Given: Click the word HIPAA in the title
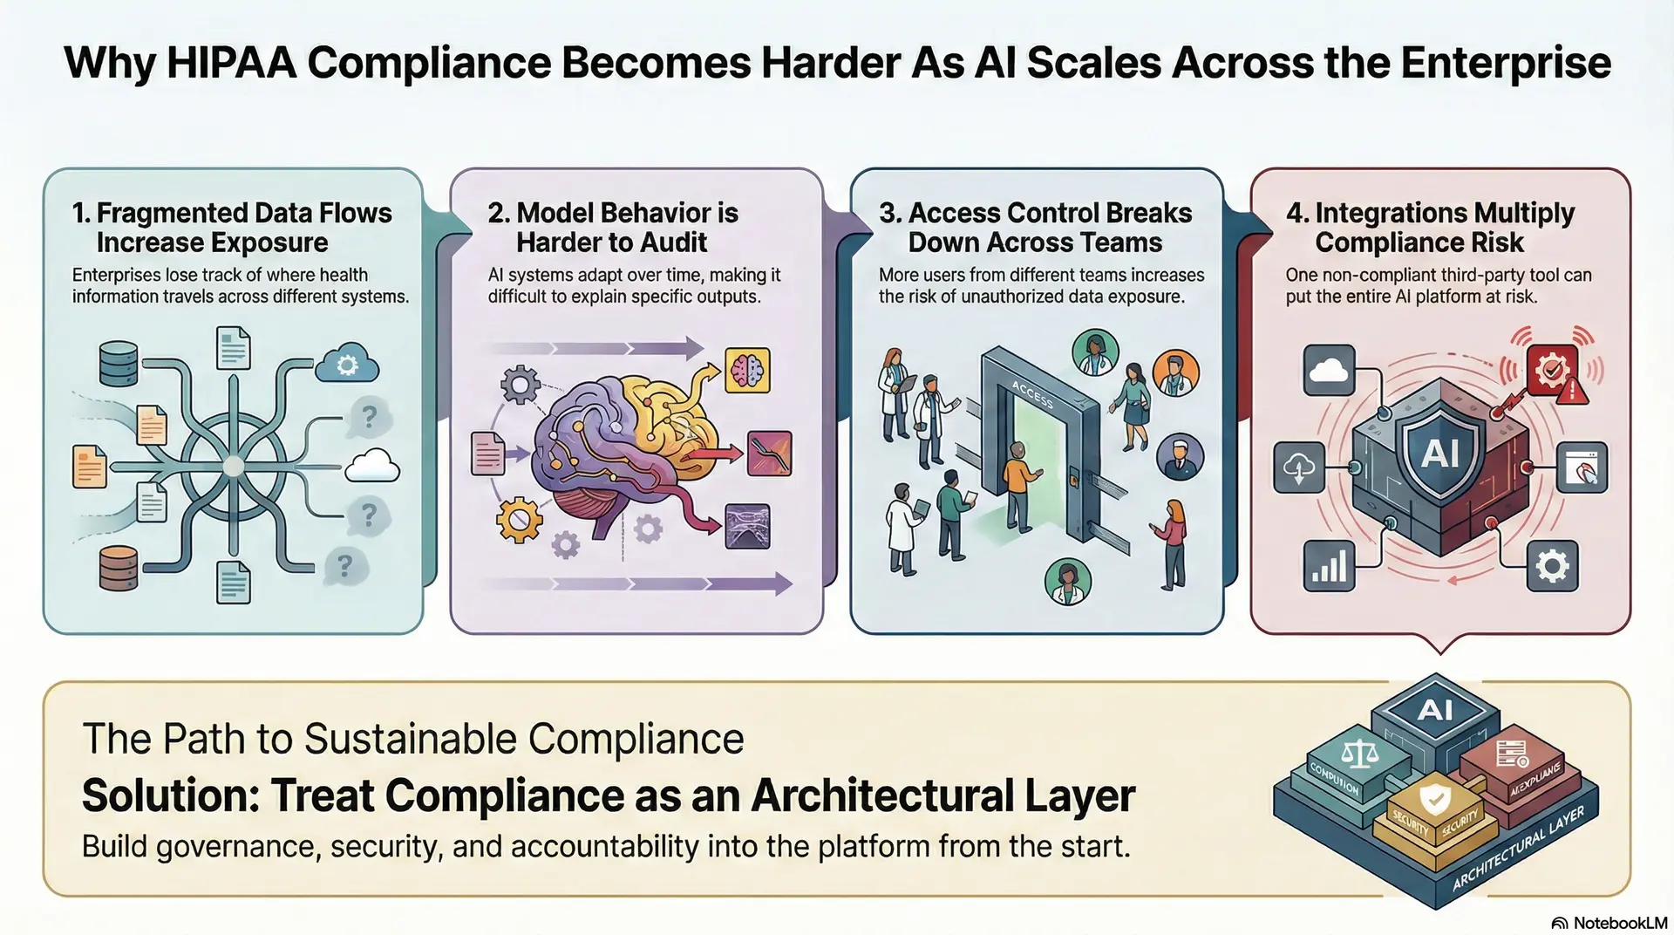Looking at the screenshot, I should pos(230,63).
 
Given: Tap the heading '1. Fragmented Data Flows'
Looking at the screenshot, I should pos(232,213).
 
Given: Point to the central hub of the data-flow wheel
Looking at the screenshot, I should pos(233,467).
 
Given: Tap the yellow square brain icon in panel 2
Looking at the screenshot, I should pos(747,371).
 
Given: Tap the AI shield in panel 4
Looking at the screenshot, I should pos(1440,454).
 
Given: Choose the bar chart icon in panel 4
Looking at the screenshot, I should pos(1330,566).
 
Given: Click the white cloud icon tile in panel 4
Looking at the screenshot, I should pos(1329,371).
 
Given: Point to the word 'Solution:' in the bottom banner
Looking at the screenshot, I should pos(171,795).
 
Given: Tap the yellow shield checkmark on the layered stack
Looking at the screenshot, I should pos(1434,798).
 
